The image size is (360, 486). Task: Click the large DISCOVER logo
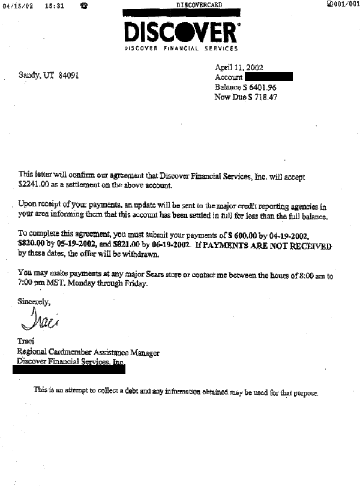coord(181,31)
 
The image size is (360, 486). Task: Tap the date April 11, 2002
coord(239,68)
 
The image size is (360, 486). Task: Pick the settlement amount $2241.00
coord(34,186)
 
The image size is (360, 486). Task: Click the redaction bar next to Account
coord(268,77)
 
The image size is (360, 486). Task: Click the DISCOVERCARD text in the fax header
coord(200,5)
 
